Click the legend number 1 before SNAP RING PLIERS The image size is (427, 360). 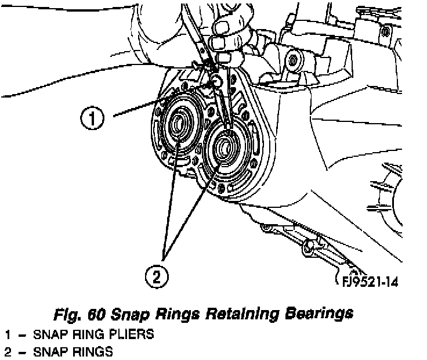tap(8, 336)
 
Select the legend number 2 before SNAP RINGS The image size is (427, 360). tap(8, 352)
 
